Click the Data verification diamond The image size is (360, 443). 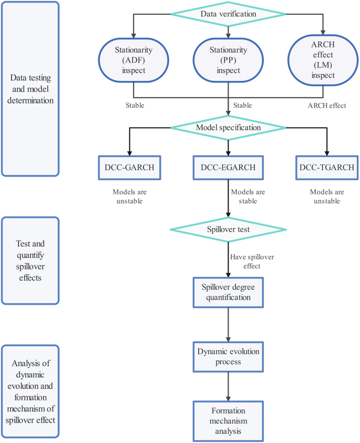(x=228, y=14)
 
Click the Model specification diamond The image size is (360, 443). (x=228, y=128)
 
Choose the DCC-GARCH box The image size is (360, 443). (x=129, y=167)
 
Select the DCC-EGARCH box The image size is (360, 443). (x=228, y=167)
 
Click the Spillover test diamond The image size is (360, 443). (x=228, y=229)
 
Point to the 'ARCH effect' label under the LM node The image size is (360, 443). (x=326, y=106)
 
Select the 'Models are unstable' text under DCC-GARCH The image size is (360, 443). (x=129, y=197)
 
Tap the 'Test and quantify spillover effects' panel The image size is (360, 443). (x=30, y=260)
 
